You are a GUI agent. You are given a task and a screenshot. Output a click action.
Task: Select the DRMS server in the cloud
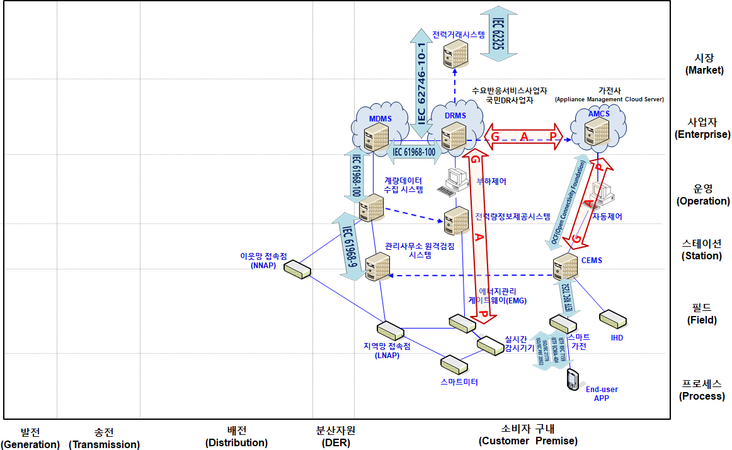click(x=454, y=136)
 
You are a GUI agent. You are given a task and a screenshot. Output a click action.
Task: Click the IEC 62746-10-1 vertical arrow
click(x=421, y=82)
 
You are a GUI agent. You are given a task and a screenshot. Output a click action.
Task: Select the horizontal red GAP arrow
click(x=523, y=137)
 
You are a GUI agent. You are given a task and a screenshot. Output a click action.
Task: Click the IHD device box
click(x=612, y=318)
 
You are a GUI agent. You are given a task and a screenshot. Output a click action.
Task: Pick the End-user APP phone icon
click(x=572, y=379)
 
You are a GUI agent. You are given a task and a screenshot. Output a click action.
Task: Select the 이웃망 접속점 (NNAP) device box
click(x=297, y=269)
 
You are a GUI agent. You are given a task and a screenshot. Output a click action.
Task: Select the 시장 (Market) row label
click(x=704, y=64)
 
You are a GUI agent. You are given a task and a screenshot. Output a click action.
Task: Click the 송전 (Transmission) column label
click(x=104, y=438)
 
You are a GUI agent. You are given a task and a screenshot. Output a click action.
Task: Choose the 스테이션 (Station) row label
click(x=702, y=249)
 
